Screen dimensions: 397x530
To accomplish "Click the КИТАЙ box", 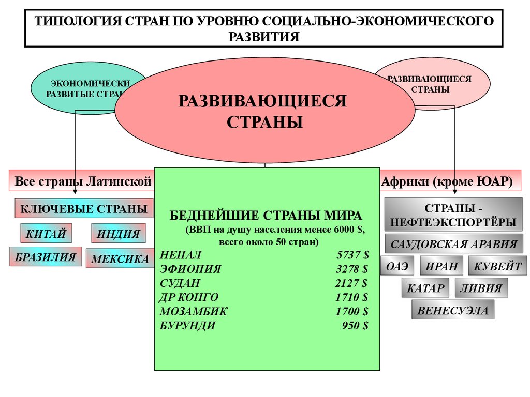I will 46,234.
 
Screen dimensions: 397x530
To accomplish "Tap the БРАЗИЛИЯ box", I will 46,257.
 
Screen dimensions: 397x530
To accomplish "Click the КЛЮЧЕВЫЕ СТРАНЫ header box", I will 84,209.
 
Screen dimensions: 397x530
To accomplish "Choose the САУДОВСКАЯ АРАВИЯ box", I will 453,244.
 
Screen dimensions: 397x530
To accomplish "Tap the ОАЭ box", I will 397,266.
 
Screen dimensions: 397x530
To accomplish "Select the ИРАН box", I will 441,266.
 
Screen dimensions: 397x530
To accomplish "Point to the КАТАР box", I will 425,288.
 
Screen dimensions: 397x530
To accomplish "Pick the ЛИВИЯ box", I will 481,288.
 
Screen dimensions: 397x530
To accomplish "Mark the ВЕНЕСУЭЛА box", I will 453,311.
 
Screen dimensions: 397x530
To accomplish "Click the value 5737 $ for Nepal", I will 352,255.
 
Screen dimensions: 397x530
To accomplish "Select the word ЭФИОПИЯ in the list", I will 190,269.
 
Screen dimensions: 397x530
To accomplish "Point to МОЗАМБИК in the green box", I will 194,311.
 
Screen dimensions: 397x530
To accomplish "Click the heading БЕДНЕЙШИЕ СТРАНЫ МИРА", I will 267,215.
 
